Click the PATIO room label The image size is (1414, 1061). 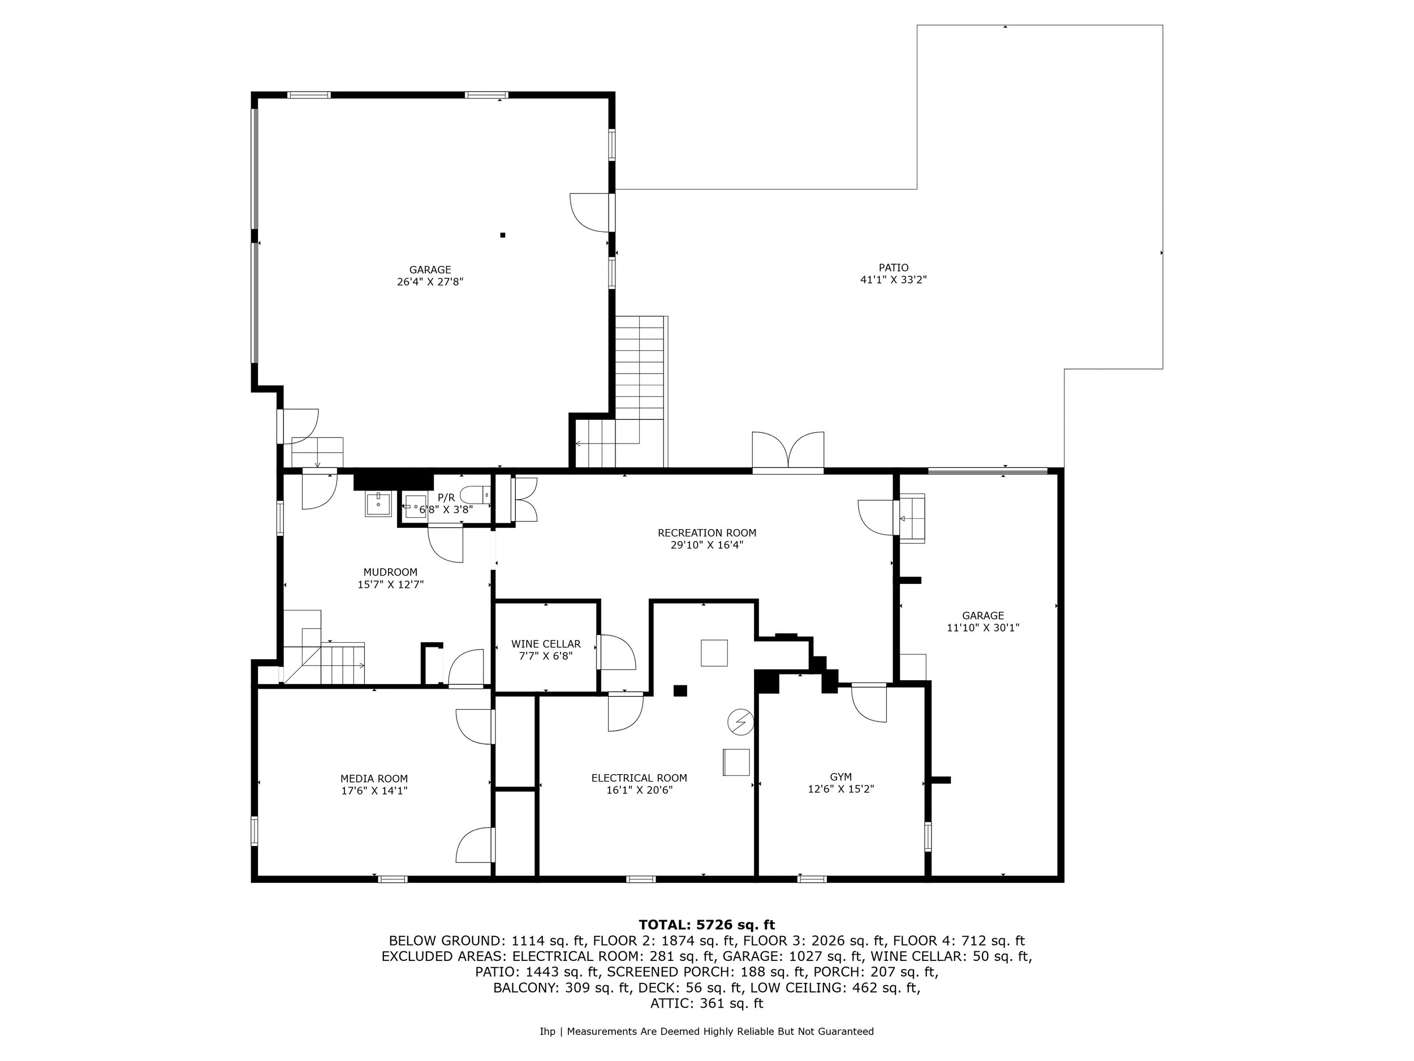coord(893,267)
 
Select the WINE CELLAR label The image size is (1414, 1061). coord(545,644)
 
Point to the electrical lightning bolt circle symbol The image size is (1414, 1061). coord(740,722)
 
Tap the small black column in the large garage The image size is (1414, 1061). coord(502,235)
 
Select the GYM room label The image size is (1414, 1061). coord(840,777)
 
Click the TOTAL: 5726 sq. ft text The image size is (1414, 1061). coord(706,925)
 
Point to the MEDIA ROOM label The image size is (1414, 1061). coord(374,778)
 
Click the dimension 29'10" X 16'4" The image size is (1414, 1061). coord(706,545)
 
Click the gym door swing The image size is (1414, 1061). coord(869,703)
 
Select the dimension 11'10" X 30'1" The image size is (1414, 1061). coord(982,628)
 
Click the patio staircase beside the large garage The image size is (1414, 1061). coord(639,368)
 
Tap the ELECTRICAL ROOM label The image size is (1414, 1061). coord(639,778)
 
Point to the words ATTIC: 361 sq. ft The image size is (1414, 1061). coord(706,1003)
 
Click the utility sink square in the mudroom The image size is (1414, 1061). coord(378,504)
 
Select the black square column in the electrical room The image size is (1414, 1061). coord(680,691)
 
